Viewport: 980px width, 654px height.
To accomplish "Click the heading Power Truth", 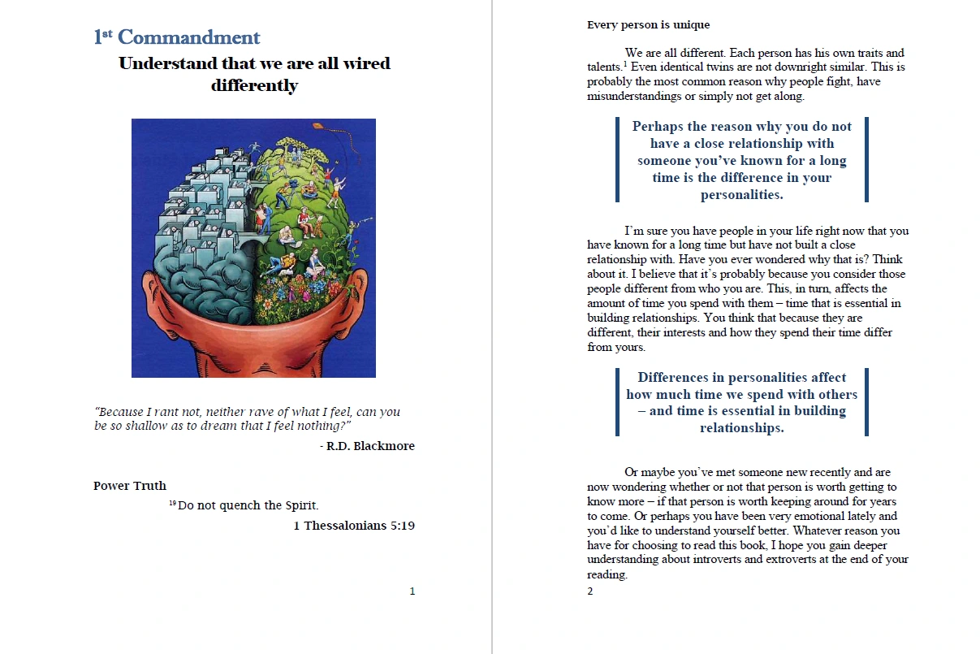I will click(x=130, y=486).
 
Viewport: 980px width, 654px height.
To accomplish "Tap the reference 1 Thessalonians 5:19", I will click(x=354, y=526).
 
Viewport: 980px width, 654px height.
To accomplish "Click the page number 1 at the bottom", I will click(x=412, y=591).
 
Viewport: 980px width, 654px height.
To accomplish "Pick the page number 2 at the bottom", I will click(x=590, y=591).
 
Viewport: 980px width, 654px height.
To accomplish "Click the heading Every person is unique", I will click(x=648, y=24).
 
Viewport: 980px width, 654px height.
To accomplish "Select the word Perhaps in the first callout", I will click(x=658, y=127).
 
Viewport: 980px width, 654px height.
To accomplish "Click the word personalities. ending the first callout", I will click(x=741, y=195).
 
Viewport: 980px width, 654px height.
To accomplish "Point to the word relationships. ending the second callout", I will click(x=741, y=428).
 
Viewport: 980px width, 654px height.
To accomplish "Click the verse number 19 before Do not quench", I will click(x=172, y=504).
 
